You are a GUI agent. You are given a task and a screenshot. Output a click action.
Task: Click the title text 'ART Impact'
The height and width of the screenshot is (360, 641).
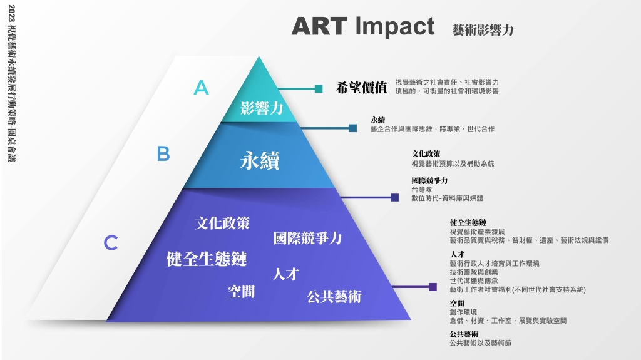363,26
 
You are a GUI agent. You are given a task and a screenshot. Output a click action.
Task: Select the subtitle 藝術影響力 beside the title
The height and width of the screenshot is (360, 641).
483,30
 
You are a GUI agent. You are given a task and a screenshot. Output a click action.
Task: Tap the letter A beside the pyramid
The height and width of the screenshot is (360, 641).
201,88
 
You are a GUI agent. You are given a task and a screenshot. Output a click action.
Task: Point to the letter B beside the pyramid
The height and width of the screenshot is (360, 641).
163,154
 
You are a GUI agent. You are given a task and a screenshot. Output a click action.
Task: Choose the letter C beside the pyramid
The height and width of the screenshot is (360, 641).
111,242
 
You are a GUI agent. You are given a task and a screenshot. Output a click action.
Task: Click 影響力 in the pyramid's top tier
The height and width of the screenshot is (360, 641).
262,108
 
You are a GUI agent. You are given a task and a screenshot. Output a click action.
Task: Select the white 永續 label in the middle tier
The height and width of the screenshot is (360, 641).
260,160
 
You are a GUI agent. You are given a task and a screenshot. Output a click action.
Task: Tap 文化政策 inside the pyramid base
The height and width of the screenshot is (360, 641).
222,223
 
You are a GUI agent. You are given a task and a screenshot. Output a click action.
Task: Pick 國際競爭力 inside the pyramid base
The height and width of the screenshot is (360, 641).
307,238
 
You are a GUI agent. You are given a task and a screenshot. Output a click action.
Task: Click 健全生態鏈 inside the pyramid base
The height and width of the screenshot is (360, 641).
207,259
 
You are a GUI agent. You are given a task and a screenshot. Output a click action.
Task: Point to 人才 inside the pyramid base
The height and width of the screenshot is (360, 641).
285,274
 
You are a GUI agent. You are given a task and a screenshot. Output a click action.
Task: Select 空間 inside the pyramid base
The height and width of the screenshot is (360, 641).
241,291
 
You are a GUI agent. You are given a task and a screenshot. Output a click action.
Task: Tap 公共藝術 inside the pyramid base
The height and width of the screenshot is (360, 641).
334,296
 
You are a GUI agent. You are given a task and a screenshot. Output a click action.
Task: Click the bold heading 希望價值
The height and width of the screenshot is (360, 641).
361,88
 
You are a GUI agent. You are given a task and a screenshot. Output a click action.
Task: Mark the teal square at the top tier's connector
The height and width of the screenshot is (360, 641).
319,89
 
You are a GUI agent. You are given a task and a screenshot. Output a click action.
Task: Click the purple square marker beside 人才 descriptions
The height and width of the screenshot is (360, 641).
433,287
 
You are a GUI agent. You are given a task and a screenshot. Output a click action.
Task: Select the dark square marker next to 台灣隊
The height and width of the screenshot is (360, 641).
394,198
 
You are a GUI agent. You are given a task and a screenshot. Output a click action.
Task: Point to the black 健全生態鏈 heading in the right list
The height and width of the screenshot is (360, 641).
468,222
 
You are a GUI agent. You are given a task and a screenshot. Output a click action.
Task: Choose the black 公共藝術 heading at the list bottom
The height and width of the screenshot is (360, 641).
464,334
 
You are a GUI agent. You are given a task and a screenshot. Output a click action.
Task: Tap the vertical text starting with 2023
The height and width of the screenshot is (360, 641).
11,83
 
